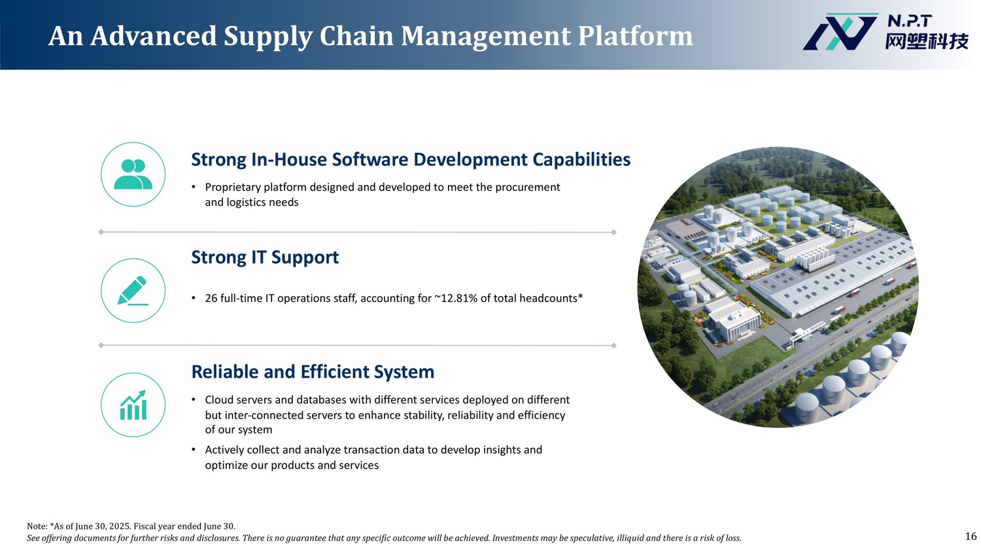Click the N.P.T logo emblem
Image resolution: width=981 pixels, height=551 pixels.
coord(840,31)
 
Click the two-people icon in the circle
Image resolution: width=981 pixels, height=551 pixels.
coord(133,174)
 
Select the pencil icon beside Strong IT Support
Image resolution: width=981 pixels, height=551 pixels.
coord(133,290)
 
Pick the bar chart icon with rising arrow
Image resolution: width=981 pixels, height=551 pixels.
coord(133,405)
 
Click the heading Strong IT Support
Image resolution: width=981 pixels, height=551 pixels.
coord(265,258)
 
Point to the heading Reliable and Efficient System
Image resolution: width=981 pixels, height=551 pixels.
coord(313,371)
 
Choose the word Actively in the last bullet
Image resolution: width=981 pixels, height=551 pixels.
coord(224,450)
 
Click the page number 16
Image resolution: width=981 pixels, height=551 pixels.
coord(971,536)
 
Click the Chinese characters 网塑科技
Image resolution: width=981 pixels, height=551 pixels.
coord(926,42)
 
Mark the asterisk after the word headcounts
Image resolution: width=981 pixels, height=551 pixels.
coord(581,296)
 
